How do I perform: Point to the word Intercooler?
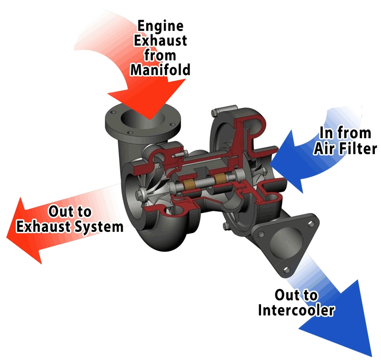[x=296, y=310]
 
